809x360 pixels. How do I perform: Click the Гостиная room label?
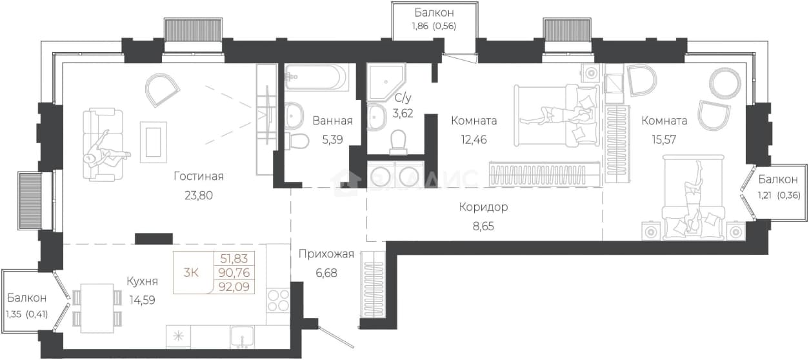point(199,176)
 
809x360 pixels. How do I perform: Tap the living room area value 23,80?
point(199,195)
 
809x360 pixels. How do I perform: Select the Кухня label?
point(143,281)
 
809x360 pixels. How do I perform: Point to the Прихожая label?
point(326,254)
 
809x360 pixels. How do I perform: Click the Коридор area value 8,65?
point(483,226)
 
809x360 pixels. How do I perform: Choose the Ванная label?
point(333,121)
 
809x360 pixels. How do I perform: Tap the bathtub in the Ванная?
point(316,77)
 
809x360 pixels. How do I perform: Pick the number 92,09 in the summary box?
point(234,286)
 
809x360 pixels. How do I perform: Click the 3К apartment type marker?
point(191,273)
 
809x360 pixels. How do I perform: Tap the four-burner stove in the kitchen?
point(278,301)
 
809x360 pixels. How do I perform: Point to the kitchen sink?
point(243,337)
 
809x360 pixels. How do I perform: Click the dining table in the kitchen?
point(97,308)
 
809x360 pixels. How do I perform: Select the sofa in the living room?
point(103,145)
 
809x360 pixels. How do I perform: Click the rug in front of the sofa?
point(154,142)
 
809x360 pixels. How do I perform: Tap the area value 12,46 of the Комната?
point(474,139)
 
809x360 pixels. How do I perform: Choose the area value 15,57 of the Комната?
point(664,139)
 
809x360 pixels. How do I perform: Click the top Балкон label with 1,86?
point(434,13)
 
